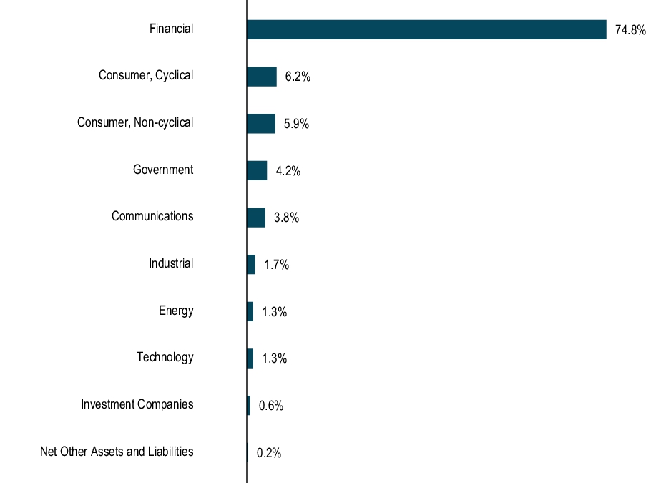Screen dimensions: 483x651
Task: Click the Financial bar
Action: (x=426, y=29)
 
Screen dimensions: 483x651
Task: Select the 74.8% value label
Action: (x=630, y=30)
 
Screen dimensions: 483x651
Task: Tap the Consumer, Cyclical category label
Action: (x=146, y=76)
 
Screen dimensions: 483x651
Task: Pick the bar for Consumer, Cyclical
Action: (x=261, y=77)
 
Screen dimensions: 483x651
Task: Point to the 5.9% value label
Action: (x=296, y=124)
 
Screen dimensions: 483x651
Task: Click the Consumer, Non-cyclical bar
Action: (x=260, y=123)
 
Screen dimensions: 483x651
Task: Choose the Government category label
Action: (x=163, y=170)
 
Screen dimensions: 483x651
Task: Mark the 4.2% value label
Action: (x=288, y=171)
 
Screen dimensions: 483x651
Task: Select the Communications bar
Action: (x=255, y=218)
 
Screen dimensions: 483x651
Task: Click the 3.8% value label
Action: (x=286, y=218)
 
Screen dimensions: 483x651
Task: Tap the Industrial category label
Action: (x=171, y=263)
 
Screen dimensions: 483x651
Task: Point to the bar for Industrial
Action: (x=250, y=264)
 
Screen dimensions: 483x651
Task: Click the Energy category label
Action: (x=176, y=311)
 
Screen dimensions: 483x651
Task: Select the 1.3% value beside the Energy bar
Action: (x=274, y=312)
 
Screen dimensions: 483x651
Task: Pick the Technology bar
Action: (x=250, y=358)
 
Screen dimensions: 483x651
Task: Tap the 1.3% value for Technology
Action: (x=274, y=359)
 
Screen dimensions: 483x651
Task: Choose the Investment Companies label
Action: (x=137, y=404)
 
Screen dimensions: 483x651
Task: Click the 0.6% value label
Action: (x=271, y=406)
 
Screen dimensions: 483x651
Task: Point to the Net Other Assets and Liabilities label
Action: (x=117, y=452)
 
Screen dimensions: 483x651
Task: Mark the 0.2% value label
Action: (x=269, y=453)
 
